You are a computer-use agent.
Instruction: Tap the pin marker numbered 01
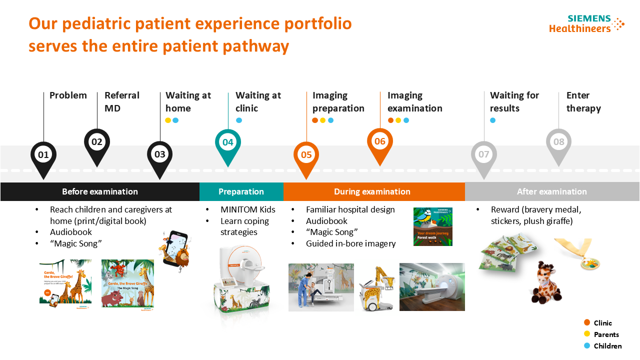[x=43, y=155]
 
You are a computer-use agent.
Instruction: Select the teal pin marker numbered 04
[x=227, y=142]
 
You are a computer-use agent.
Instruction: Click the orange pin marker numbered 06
[x=380, y=141]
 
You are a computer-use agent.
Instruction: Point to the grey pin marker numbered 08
[x=558, y=142]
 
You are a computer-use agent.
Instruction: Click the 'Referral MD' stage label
[x=121, y=101]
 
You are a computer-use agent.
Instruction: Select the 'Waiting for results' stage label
[x=514, y=101]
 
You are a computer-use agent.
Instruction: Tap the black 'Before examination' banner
[x=99, y=191]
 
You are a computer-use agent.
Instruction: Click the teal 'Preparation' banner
[x=241, y=191]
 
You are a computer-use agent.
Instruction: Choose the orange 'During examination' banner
[x=372, y=191]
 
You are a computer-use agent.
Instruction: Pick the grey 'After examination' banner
[x=551, y=191]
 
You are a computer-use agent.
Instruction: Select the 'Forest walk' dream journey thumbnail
[x=432, y=226]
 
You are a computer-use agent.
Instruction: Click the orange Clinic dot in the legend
[x=587, y=323]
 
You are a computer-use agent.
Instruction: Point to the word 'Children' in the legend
[x=607, y=346]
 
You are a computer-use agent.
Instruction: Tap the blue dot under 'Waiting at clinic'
[x=239, y=120]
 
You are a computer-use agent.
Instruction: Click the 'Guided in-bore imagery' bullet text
[x=350, y=243]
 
